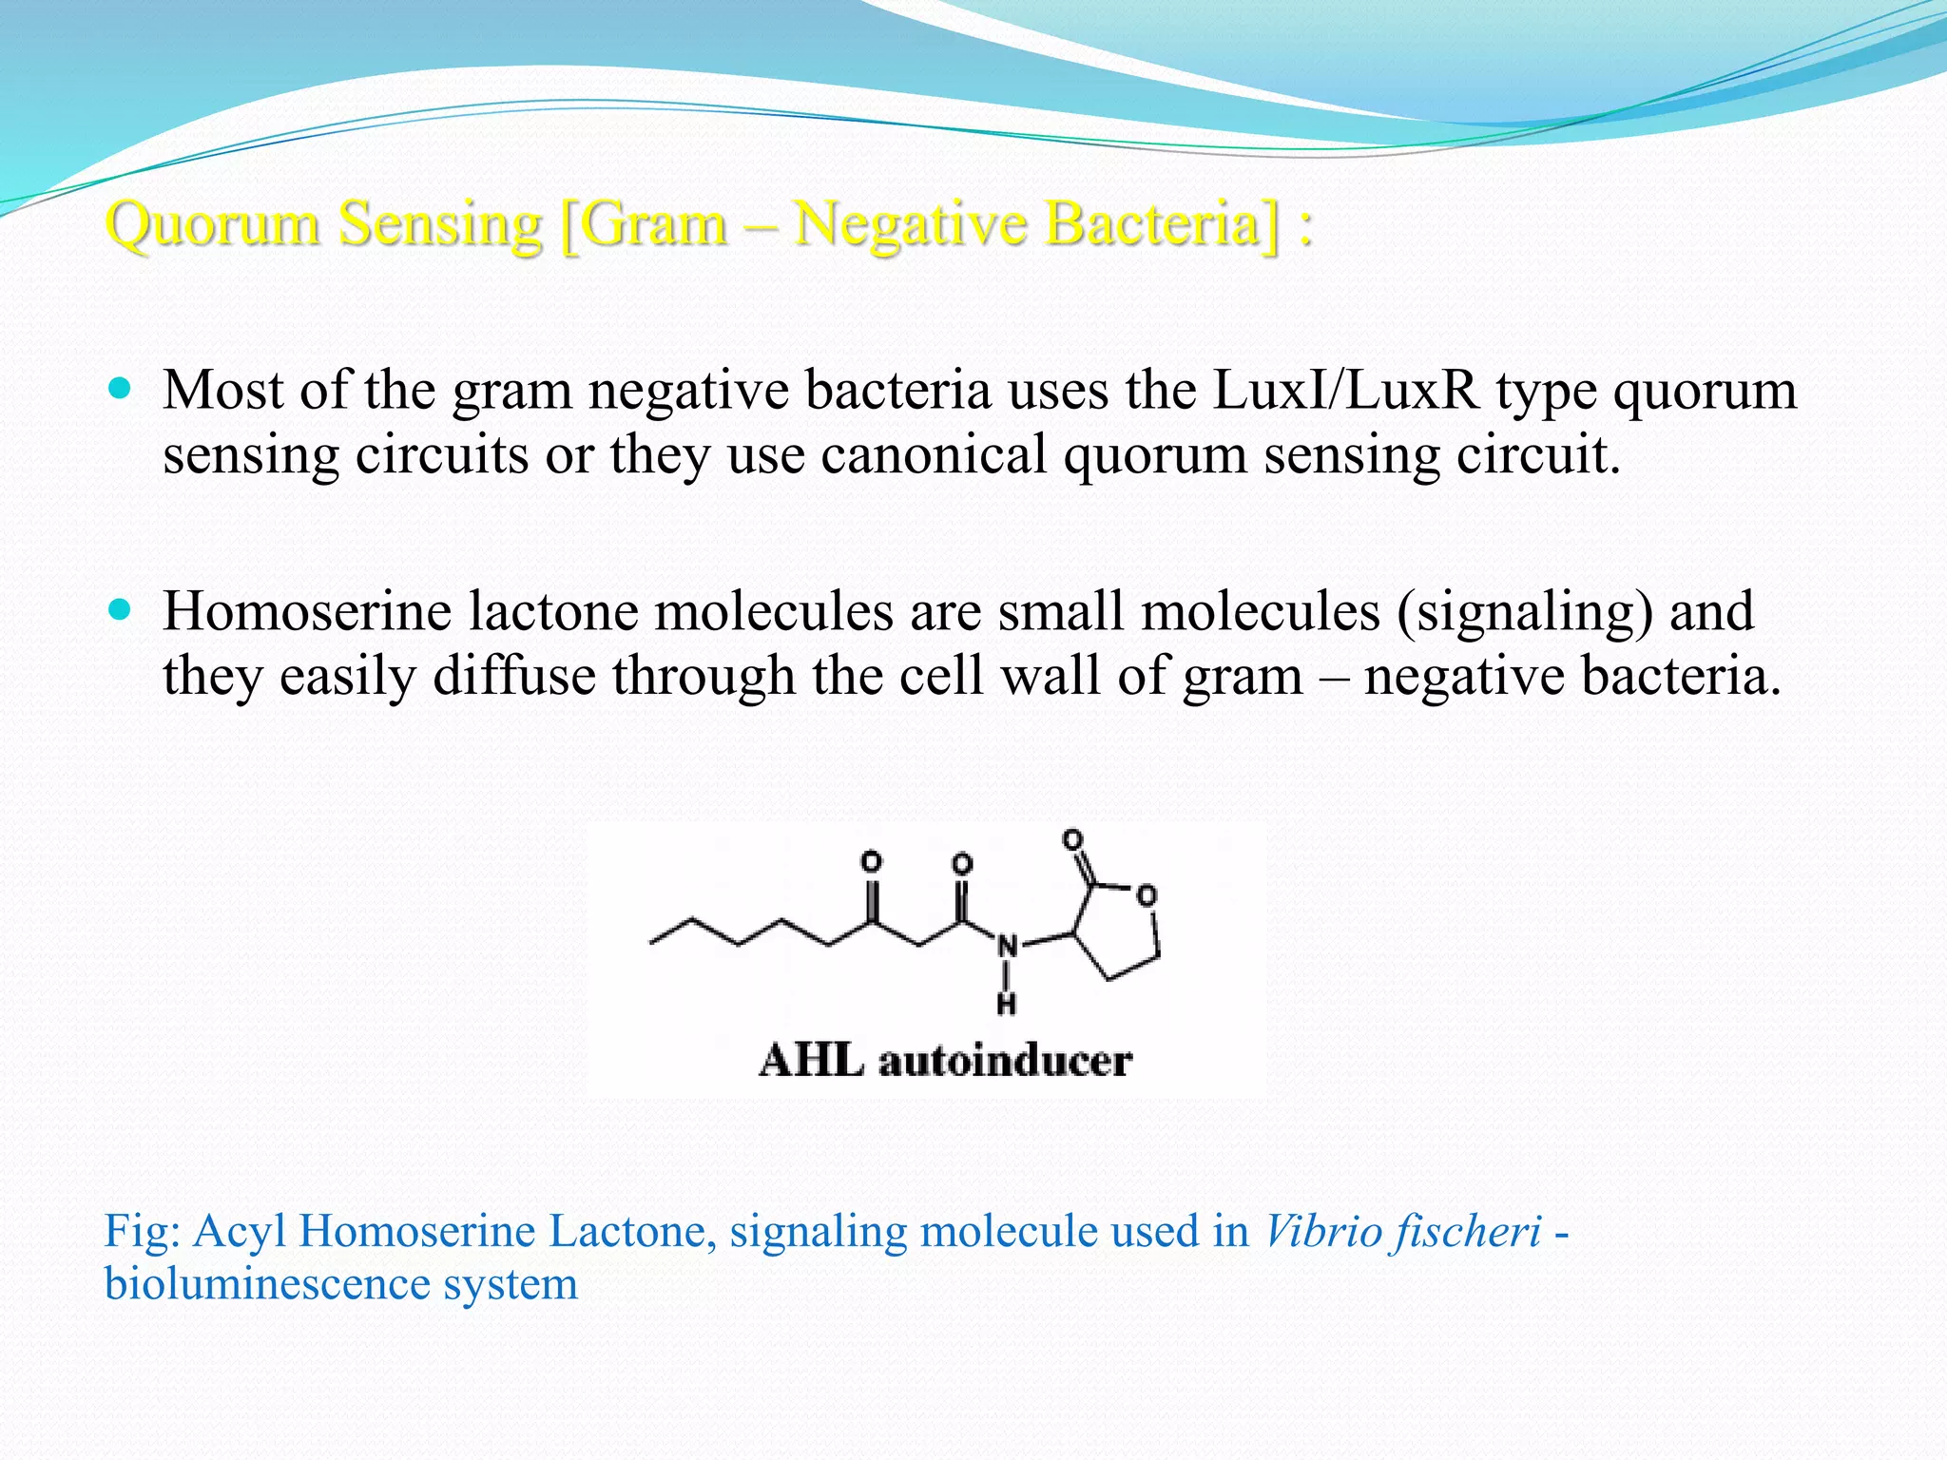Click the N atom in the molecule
[1007, 947]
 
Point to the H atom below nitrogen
[1007, 1004]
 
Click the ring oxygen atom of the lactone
[1147, 895]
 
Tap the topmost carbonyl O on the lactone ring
[1073, 839]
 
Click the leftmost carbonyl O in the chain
[871, 862]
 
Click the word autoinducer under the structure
[1005, 1061]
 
